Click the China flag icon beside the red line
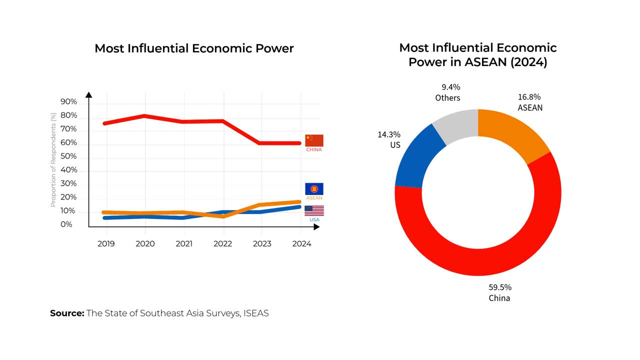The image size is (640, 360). (x=314, y=140)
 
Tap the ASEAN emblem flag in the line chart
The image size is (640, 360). (x=314, y=189)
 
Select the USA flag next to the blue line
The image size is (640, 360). (x=314, y=210)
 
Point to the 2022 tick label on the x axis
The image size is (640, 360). (x=223, y=244)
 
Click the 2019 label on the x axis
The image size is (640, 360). (x=106, y=244)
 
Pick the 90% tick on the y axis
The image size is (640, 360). (x=68, y=102)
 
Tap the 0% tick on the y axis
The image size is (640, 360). (x=66, y=224)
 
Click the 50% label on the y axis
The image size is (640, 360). (x=68, y=156)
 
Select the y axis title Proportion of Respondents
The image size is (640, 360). (x=53, y=159)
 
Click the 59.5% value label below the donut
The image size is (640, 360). (x=499, y=287)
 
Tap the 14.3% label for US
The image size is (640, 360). (x=389, y=134)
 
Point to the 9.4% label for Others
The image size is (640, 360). (x=447, y=87)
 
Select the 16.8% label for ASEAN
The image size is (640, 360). (x=529, y=97)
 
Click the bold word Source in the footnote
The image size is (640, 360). (x=66, y=313)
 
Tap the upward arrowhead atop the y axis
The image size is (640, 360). (x=89, y=95)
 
